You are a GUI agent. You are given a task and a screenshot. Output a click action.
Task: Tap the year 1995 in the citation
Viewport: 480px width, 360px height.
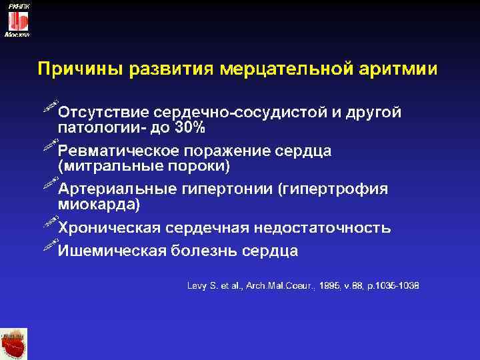[x=329, y=286]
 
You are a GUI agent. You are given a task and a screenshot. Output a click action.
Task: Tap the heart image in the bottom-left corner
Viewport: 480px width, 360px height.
[x=15, y=344]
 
